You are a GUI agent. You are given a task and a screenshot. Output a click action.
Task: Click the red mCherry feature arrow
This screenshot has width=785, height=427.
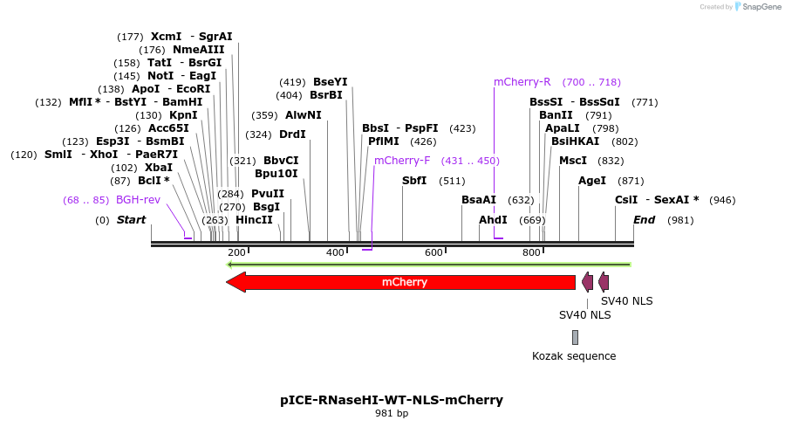point(401,282)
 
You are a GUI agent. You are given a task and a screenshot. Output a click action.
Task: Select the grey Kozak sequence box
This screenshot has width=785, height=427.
point(575,337)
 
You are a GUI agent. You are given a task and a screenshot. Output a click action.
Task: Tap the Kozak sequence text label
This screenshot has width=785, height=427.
point(574,356)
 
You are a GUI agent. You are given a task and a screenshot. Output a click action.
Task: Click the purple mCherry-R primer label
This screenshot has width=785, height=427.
point(522,82)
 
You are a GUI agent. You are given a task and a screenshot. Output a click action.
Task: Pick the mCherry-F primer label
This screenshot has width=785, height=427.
point(402,161)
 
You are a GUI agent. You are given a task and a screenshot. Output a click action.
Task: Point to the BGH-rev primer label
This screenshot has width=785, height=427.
point(138,200)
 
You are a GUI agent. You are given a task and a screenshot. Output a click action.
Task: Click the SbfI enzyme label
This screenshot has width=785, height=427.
point(414,181)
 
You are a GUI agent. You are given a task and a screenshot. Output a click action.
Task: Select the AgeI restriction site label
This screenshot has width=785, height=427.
point(591,181)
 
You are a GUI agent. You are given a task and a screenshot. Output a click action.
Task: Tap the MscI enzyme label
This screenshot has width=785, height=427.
point(572,161)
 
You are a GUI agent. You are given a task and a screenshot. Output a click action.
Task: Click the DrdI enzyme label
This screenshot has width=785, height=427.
point(292,134)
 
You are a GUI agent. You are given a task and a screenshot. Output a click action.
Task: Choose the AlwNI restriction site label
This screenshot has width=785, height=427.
point(303,115)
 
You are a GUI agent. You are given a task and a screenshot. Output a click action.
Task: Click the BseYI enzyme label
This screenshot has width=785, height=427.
point(330,82)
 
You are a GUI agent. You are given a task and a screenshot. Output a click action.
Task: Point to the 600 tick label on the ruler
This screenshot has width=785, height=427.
point(433,252)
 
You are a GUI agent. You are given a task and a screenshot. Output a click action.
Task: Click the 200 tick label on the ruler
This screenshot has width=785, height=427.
point(236,252)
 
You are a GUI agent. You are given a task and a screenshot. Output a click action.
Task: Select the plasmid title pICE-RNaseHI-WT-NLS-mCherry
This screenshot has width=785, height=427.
point(392,400)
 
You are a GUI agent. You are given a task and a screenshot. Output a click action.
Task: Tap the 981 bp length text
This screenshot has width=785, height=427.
point(392,413)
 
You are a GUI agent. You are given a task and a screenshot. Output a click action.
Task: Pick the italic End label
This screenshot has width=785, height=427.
point(644,220)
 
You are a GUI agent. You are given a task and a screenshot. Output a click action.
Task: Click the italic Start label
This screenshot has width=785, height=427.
point(131,220)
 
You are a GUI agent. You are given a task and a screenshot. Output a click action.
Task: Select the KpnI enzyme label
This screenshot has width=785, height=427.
point(183,115)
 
